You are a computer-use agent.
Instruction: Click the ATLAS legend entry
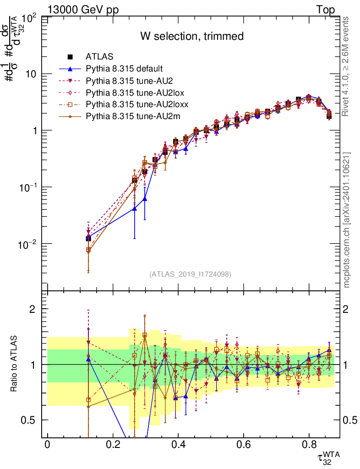point(97,57)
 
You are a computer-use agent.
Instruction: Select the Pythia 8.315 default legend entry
point(124,69)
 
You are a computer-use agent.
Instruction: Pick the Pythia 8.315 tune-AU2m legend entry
point(133,116)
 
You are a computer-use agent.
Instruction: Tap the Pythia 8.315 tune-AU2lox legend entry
point(135,93)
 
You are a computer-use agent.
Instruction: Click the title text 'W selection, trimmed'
point(191,36)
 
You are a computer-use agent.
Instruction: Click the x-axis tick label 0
point(47,444)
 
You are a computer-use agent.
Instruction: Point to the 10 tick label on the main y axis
point(32,74)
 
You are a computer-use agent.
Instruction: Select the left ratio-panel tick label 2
point(33,309)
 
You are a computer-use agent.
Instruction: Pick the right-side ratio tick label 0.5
point(350,420)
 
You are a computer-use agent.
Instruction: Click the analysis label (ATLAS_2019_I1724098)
point(190,274)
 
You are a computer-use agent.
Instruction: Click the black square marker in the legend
point(70,57)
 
